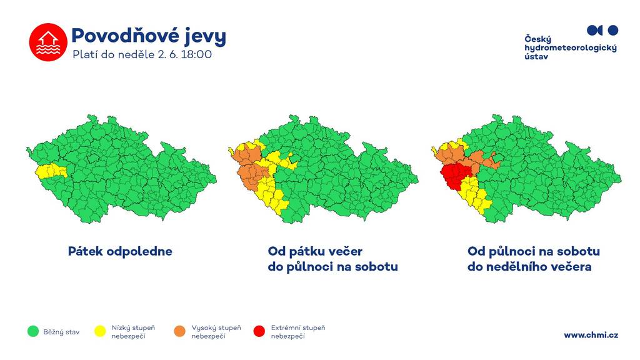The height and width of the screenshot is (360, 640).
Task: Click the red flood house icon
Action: tap(48, 42)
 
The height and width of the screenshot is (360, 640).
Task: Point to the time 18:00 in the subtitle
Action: tap(196, 54)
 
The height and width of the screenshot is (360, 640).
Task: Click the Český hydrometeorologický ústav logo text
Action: tap(570, 47)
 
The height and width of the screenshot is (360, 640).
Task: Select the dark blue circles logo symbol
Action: tap(602, 30)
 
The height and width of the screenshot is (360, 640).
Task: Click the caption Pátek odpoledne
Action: tap(120, 251)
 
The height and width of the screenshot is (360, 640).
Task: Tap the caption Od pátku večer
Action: tap(315, 251)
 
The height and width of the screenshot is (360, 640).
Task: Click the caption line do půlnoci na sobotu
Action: tap(332, 267)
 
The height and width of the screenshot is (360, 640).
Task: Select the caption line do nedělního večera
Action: tap(529, 267)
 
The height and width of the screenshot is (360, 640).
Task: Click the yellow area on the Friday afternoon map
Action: tap(51, 171)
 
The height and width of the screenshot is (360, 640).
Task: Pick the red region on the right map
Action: tap(456, 176)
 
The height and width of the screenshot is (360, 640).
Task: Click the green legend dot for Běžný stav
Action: tap(33, 331)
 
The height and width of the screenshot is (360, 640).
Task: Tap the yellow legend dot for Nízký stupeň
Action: tap(100, 331)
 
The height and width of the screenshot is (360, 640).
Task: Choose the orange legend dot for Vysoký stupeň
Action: tap(179, 331)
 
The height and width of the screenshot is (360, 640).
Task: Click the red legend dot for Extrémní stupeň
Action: tap(259, 331)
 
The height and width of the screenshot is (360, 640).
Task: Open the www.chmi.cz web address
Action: tap(591, 335)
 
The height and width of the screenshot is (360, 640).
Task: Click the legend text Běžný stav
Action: tap(62, 332)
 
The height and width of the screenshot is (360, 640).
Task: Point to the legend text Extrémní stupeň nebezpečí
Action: tap(298, 332)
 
